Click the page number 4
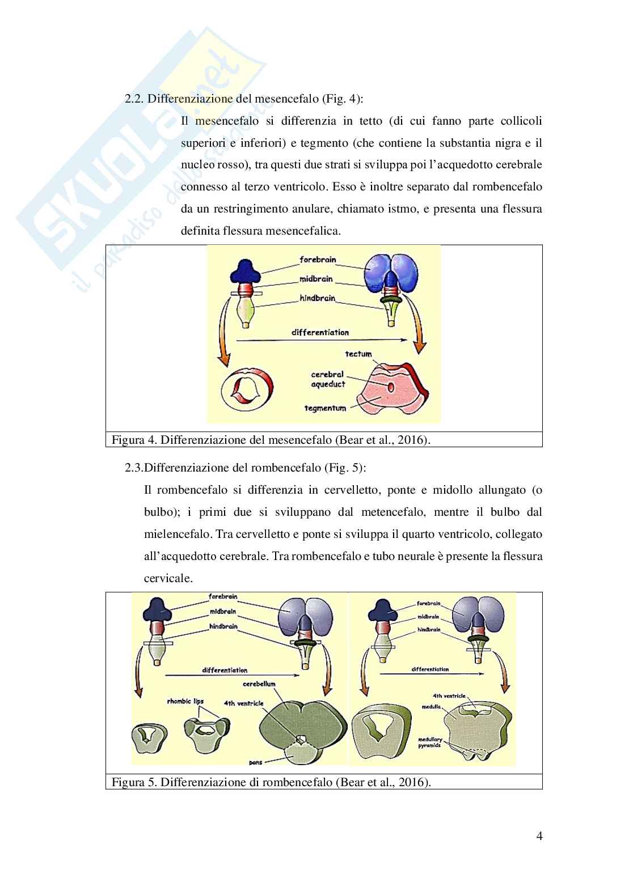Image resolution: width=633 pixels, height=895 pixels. [539, 836]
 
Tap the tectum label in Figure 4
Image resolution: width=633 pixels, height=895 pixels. [358, 354]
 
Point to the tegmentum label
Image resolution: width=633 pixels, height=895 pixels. [325, 408]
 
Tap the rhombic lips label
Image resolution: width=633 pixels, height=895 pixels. [185, 701]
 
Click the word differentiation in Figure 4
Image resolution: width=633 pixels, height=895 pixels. [320, 333]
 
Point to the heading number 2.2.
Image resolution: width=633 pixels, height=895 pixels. [134, 99]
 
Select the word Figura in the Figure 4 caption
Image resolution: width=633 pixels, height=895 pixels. [128, 440]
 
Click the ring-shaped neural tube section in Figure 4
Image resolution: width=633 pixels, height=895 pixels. [243, 391]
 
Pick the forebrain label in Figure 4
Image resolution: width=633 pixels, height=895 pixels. [318, 260]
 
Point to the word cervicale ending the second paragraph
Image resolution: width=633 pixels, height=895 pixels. [168, 579]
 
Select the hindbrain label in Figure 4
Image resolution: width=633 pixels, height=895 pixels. [318, 298]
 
